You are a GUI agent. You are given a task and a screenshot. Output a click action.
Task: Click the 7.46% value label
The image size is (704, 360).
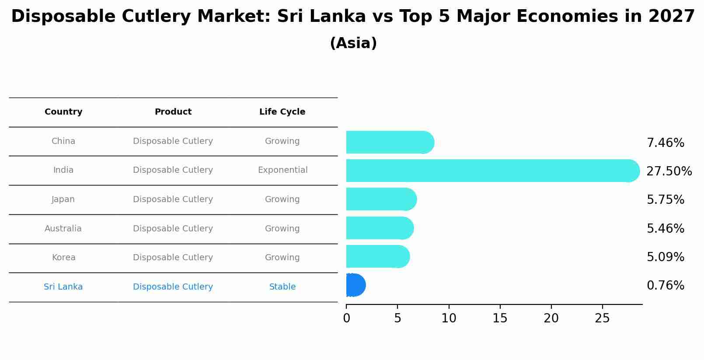[665, 143]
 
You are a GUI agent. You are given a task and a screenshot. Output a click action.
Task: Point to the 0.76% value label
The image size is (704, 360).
[665, 286]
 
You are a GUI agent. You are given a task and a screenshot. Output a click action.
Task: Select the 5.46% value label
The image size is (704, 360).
[665, 228]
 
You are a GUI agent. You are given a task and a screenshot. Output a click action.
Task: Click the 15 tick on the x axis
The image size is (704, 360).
[500, 318]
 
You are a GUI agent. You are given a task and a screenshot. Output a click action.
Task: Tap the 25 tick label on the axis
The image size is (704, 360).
[602, 318]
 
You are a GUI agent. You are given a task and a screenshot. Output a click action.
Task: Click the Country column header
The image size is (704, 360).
[63, 112]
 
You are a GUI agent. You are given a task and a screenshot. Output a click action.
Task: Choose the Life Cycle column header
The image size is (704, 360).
[282, 112]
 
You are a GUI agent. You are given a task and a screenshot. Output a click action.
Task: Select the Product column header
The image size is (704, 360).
[173, 112]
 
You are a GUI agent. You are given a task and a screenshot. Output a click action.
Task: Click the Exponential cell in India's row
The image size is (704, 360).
[282, 170]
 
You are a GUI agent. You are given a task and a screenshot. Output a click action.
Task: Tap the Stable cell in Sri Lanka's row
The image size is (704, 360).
[282, 287]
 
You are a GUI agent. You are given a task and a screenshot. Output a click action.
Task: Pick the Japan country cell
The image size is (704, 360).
[63, 199]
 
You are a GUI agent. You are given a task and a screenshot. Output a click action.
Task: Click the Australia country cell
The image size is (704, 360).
[63, 229]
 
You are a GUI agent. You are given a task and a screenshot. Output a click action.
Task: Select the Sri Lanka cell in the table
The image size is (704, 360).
[63, 287]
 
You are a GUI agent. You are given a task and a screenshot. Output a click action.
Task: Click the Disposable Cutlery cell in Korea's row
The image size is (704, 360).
[173, 258]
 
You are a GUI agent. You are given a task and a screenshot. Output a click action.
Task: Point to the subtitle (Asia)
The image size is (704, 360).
[353, 43]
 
